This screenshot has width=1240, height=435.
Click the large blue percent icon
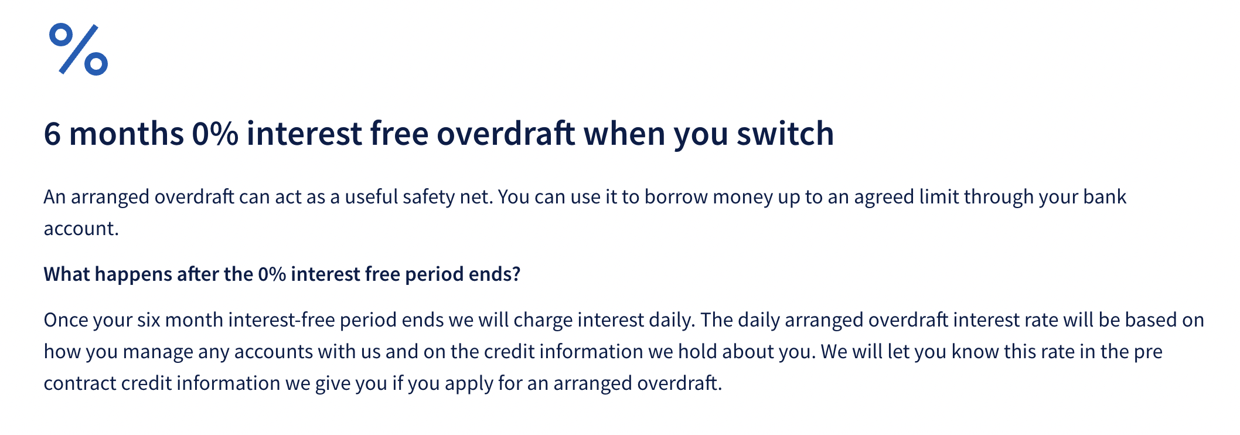tap(79, 49)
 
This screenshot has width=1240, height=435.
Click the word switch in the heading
tap(785, 134)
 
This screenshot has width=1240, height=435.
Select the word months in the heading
tap(127, 134)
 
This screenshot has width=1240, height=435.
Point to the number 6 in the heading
tap(52, 134)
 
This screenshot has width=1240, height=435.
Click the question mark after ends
tap(516, 274)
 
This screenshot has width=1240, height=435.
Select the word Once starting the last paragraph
tap(66, 320)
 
